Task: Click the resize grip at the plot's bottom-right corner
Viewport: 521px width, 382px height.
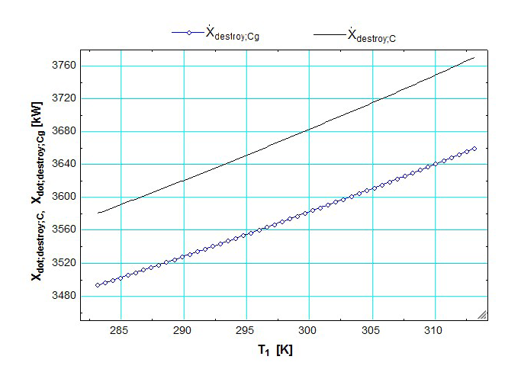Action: point(481,315)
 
